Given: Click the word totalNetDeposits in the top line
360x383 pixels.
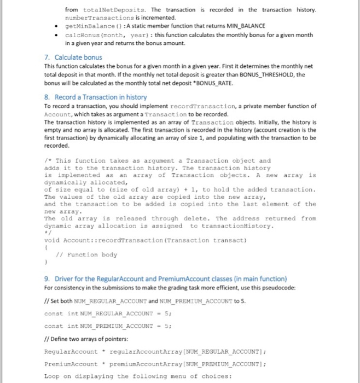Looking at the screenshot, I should coord(114,10).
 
